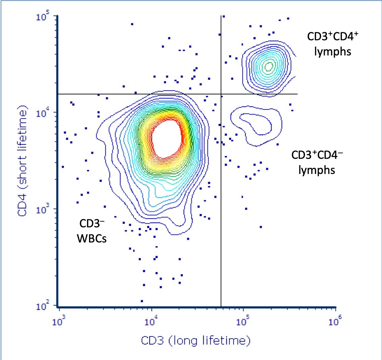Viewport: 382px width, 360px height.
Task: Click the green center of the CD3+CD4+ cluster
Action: [x=269, y=66]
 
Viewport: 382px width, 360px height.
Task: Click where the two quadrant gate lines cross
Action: [x=221, y=94]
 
